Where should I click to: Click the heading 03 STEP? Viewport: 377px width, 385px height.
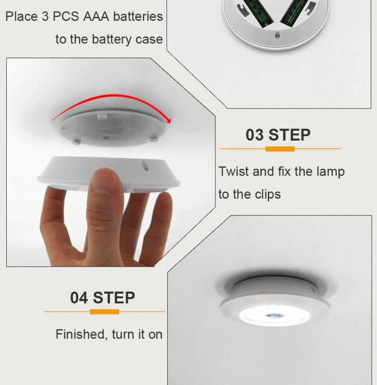tap(278, 135)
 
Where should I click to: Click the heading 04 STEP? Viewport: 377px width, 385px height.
tap(102, 298)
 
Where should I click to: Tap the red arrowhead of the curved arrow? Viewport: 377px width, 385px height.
tap(168, 120)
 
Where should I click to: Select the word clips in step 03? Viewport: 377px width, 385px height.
tap(267, 195)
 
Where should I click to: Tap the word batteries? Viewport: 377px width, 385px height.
tap(138, 17)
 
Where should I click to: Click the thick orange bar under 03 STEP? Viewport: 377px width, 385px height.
tap(280, 149)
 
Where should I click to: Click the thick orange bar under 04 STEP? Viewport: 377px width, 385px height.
tap(104, 312)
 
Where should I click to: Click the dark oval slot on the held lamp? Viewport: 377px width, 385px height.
tap(145, 165)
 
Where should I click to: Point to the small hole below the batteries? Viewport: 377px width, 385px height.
tap(277, 36)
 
